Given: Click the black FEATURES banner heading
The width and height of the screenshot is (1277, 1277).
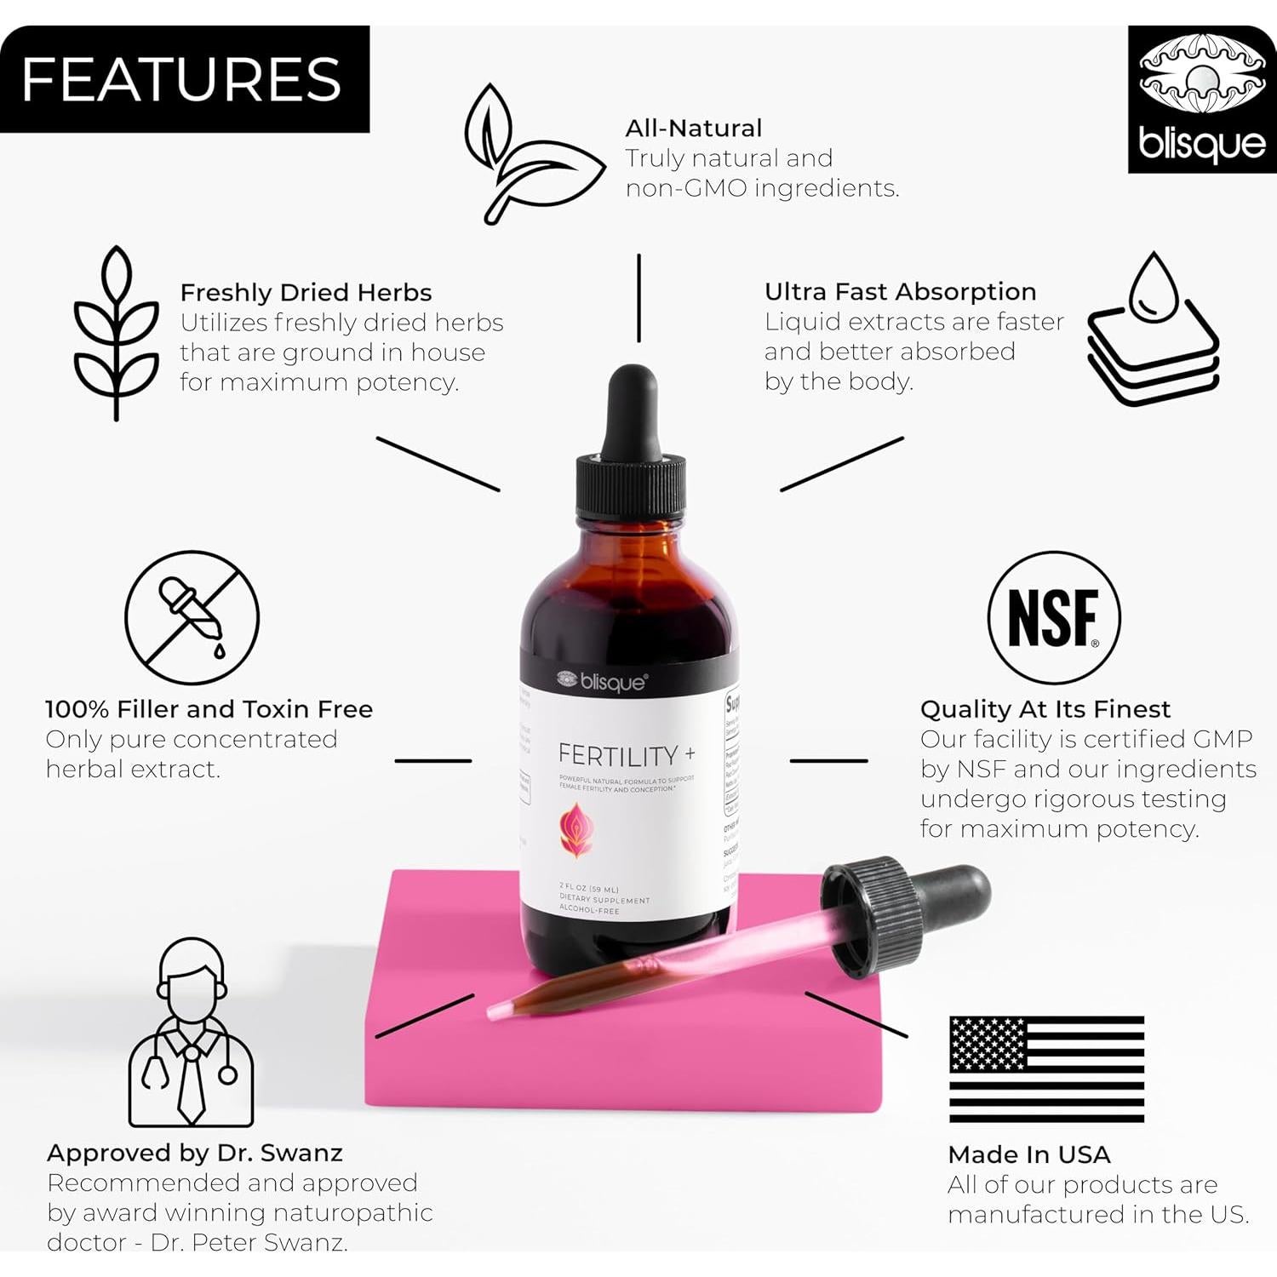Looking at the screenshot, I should point(183,79).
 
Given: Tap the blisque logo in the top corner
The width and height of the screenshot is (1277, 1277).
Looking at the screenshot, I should point(1201,100).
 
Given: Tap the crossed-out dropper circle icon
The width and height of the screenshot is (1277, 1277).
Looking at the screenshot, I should point(192,617).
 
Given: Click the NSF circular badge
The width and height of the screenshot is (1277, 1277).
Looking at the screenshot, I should point(1053,617).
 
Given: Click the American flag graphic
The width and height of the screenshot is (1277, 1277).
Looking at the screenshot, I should point(1046,1069).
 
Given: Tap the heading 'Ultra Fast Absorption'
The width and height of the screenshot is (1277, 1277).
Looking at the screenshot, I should point(900,292).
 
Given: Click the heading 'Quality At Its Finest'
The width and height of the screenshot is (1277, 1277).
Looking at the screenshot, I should point(1045,709).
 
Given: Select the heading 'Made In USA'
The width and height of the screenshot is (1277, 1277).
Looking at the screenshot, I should point(1028,1154).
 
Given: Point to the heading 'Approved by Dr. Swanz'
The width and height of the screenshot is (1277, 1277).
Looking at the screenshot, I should point(195,1153).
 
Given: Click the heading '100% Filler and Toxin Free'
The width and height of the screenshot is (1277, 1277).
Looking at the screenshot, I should point(209,709).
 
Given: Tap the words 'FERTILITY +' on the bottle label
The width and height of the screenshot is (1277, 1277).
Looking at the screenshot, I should point(626,755).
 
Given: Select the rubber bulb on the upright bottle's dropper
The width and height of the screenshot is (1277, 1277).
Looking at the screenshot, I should point(632,409).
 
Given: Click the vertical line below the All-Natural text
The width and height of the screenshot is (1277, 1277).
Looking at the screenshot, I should point(638,298).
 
